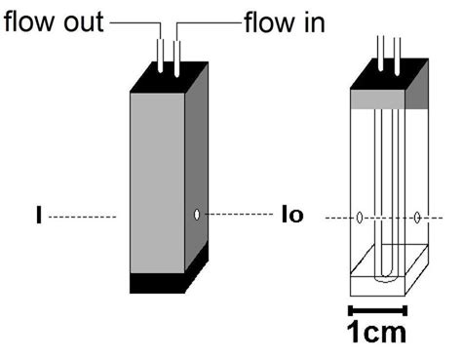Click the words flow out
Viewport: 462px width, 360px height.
tap(53, 20)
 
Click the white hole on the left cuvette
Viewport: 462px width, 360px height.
tap(198, 214)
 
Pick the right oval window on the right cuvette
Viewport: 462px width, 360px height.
tap(417, 217)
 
